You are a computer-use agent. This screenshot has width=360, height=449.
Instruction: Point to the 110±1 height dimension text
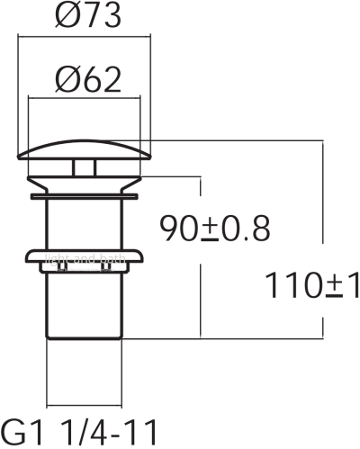(312, 286)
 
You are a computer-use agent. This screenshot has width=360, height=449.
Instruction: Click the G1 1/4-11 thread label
(85, 427)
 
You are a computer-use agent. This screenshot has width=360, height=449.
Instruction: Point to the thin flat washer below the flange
(84, 192)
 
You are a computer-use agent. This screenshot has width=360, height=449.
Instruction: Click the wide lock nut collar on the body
(84, 259)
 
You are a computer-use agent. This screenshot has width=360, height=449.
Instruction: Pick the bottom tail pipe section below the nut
(84, 306)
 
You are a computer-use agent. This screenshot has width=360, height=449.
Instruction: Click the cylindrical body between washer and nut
(84, 220)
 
